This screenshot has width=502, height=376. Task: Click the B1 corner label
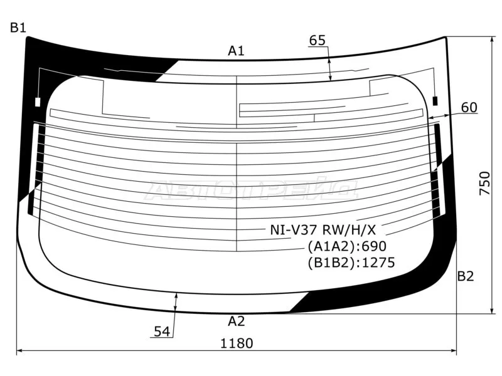click(18, 28)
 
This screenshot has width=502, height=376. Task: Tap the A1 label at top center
click(237, 51)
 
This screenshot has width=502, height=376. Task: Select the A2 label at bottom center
click(237, 321)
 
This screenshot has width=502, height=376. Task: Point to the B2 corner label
click(466, 276)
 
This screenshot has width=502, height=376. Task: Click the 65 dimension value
click(318, 40)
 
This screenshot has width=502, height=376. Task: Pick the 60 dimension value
click(469, 107)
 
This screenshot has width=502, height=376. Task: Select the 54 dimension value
click(162, 332)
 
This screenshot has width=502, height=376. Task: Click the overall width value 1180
click(237, 343)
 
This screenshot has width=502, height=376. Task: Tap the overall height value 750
click(484, 183)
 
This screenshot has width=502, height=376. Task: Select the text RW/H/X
click(349, 229)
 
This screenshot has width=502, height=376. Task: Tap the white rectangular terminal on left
click(38, 102)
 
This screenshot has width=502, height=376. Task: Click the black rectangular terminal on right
click(435, 101)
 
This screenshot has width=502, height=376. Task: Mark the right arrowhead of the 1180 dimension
click(454, 351)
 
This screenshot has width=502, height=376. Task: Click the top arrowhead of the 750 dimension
click(491, 39)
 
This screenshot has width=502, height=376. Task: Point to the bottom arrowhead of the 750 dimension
click(491, 311)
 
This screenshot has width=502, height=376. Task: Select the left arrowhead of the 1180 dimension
click(19, 351)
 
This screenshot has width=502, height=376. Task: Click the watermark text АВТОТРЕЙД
click(252, 190)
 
